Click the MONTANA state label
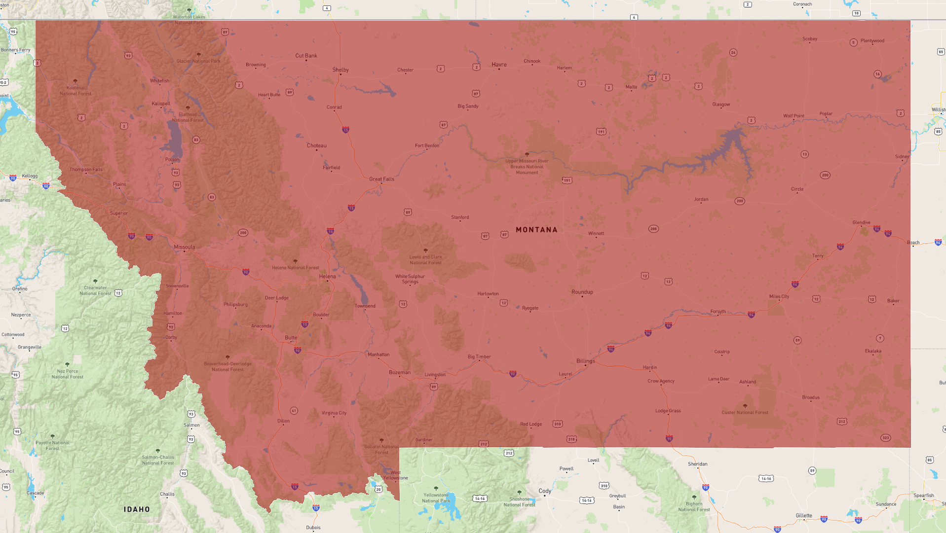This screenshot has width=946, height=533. [x=536, y=230]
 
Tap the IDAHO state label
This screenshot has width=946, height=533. [x=137, y=509]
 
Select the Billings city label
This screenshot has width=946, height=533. [x=586, y=361]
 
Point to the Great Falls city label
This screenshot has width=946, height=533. [x=381, y=179]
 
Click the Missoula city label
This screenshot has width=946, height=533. [x=184, y=247]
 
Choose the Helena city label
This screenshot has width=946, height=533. [x=327, y=277]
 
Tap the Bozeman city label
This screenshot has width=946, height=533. [x=400, y=372]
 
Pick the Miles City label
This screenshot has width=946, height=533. [x=779, y=296]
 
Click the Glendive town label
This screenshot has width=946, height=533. [x=862, y=222]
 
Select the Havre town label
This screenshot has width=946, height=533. [x=499, y=65]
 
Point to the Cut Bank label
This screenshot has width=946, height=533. [x=306, y=56]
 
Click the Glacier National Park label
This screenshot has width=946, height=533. [x=198, y=61]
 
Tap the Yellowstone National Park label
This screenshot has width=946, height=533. [x=436, y=497]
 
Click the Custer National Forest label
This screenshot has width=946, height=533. [x=745, y=412]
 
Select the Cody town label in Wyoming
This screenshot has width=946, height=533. [x=545, y=491]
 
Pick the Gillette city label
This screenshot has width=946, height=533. [x=804, y=515]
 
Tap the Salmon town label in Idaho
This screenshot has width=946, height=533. [x=191, y=425]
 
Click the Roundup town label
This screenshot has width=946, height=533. [x=582, y=292]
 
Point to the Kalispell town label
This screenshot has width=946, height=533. [x=161, y=104]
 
